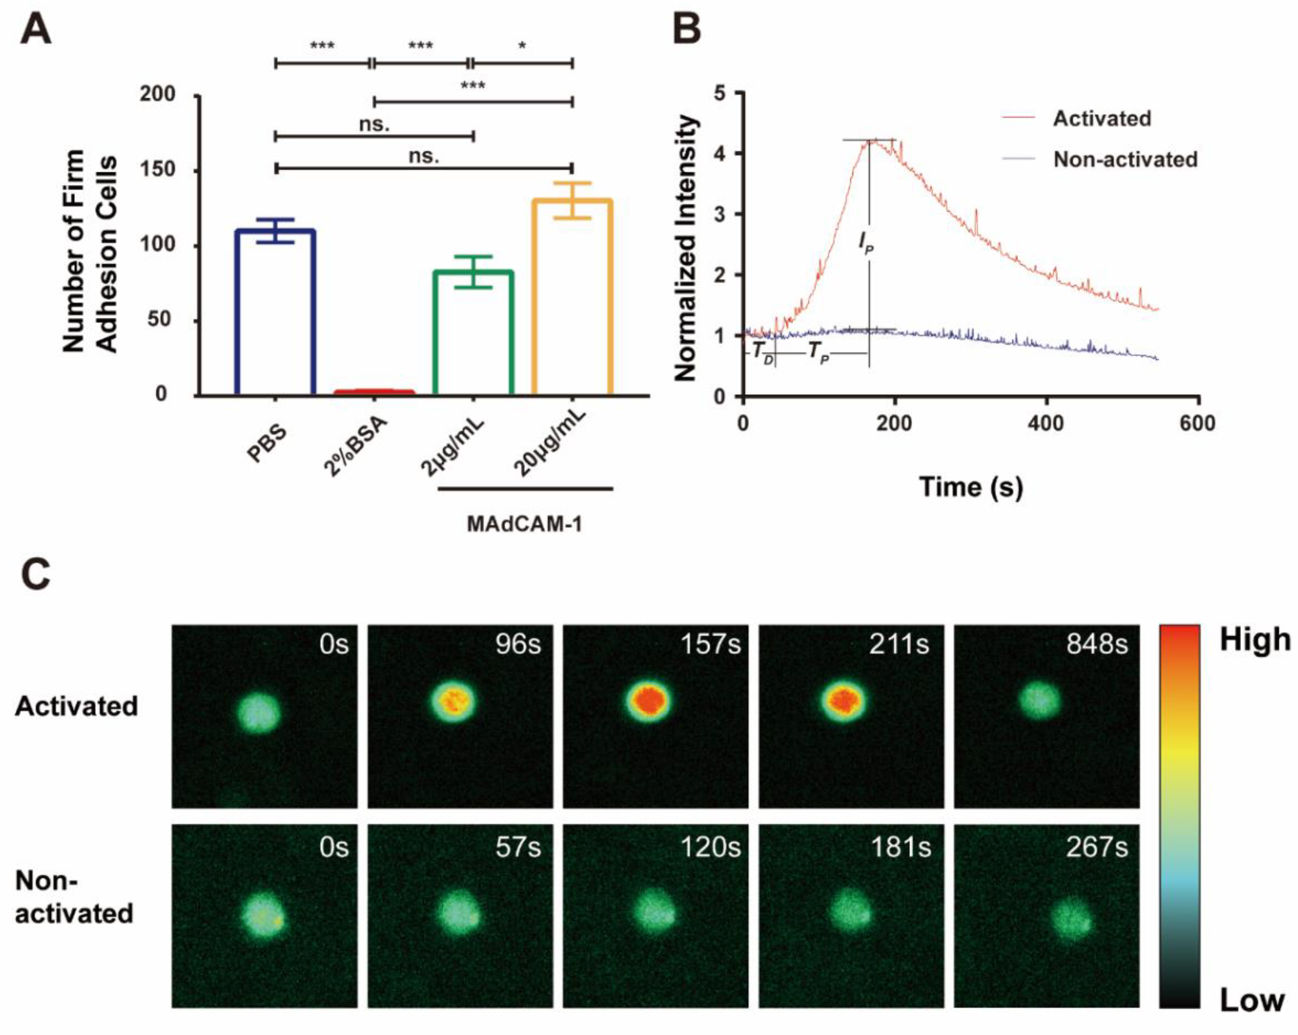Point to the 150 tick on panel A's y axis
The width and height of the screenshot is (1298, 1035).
coord(158,170)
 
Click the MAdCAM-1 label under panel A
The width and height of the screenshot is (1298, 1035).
coord(524,524)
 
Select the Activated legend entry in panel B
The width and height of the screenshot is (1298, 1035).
coord(1102,119)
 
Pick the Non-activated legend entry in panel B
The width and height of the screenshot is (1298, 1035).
coord(1125,160)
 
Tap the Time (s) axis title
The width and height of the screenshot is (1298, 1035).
coord(970,486)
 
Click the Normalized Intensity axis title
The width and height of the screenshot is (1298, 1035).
coord(686,248)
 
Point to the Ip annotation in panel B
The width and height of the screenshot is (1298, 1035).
coord(866,244)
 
